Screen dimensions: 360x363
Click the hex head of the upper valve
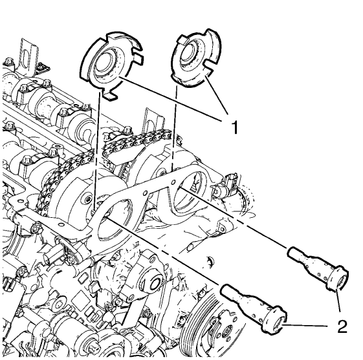pyautogui.click(x=336, y=279)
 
